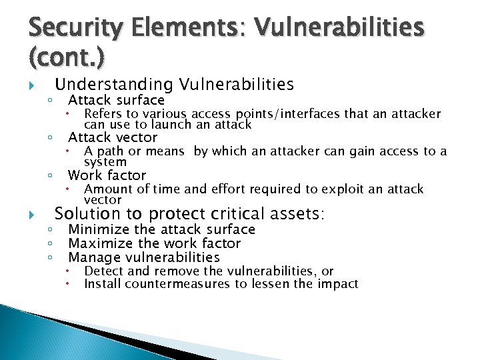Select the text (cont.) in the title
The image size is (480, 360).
(67, 59)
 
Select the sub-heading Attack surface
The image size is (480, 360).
(116, 100)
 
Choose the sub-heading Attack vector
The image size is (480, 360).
(113, 138)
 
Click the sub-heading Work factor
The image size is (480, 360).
(107, 175)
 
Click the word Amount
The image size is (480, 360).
(109, 189)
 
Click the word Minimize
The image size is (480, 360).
(98, 229)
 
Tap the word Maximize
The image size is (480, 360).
(100, 243)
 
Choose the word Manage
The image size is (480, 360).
(93, 257)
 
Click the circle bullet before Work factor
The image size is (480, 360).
(51, 176)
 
